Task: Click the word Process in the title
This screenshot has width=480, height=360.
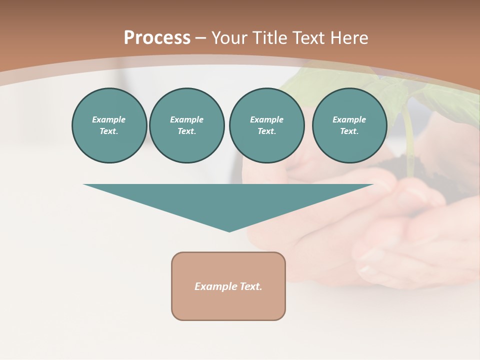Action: coord(157,38)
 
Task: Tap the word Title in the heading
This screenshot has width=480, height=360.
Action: coord(268,38)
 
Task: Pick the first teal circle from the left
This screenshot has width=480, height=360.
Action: coord(109,125)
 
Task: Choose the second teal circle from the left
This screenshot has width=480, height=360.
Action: coord(186,125)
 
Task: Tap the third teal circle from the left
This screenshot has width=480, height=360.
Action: coord(266,125)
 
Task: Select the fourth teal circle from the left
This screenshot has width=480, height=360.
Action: coord(349,125)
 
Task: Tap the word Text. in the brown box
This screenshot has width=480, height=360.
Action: coord(250,286)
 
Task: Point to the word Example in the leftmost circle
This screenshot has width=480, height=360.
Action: coord(109,119)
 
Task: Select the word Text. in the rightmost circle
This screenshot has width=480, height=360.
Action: coord(349,131)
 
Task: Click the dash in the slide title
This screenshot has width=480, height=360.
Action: coord(200,38)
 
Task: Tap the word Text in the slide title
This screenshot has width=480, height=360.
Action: coord(308,38)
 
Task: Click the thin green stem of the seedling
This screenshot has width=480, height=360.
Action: coord(409,140)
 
